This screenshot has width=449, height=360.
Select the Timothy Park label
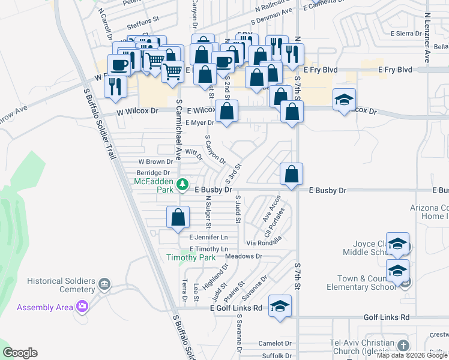pyautogui.click(x=191, y=257)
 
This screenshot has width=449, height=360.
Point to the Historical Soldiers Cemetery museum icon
pyautogui.click(x=104, y=283)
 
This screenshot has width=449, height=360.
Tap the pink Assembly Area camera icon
pyautogui.click(x=82, y=307)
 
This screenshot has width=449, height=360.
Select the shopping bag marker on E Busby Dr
pyautogui.click(x=291, y=175)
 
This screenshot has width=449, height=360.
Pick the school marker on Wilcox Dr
pyautogui.click(x=345, y=100)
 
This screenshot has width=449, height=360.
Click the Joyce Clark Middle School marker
pyautogui.click(x=397, y=244)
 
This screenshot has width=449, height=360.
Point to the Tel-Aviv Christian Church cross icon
pyautogui.click(x=403, y=346)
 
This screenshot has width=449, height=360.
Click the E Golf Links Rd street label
pyautogui.click(x=237, y=308)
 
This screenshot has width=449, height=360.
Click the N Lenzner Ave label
pyautogui.click(x=427, y=39)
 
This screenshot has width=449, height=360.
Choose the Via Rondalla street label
pyautogui.click(x=264, y=243)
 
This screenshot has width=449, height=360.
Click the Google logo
pyautogui.click(x=20, y=353)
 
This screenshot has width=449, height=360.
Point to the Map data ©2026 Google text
pyautogui.click(x=412, y=355)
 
